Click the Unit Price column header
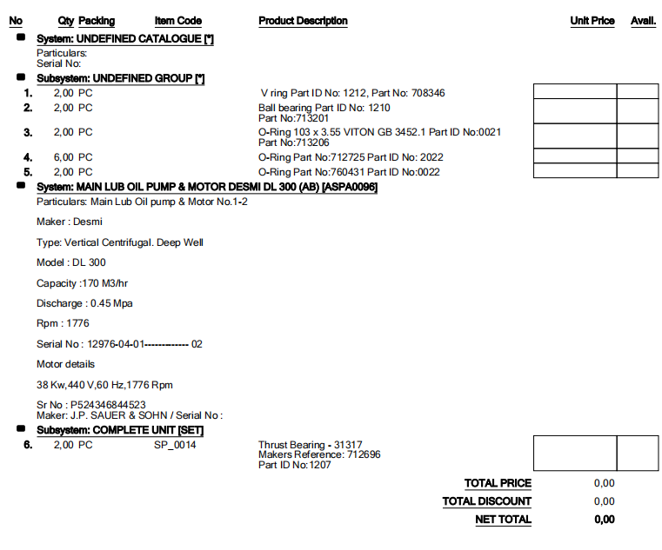(x=592, y=21)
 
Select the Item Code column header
(x=177, y=21)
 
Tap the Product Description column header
(x=303, y=21)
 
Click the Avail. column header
(x=643, y=21)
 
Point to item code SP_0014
(x=175, y=445)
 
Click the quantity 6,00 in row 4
(x=64, y=158)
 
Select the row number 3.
(x=28, y=132)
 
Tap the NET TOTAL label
(x=503, y=520)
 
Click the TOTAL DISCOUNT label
(x=486, y=501)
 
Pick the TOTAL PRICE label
(x=498, y=483)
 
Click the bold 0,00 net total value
(x=604, y=520)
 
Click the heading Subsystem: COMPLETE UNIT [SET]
(x=120, y=430)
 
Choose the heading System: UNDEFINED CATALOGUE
(x=125, y=39)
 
